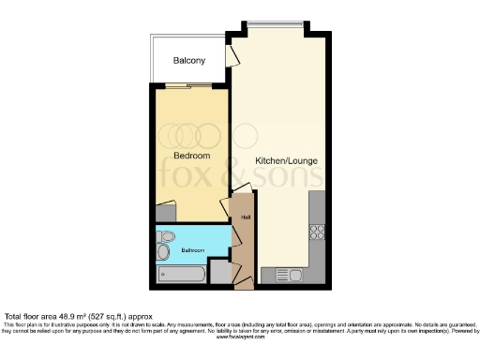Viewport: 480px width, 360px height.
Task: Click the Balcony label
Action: click(x=189, y=61)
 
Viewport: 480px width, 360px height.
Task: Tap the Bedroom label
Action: click(x=191, y=155)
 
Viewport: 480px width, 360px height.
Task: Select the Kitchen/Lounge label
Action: click(x=287, y=160)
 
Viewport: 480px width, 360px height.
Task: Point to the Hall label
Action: click(x=245, y=218)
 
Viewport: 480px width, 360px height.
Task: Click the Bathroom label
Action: click(x=194, y=251)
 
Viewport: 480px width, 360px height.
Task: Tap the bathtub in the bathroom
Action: click(x=182, y=274)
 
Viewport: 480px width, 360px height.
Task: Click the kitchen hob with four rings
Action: click(x=318, y=230)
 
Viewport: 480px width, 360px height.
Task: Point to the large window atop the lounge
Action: click(x=277, y=24)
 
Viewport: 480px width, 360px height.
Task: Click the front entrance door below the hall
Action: click(x=243, y=279)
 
